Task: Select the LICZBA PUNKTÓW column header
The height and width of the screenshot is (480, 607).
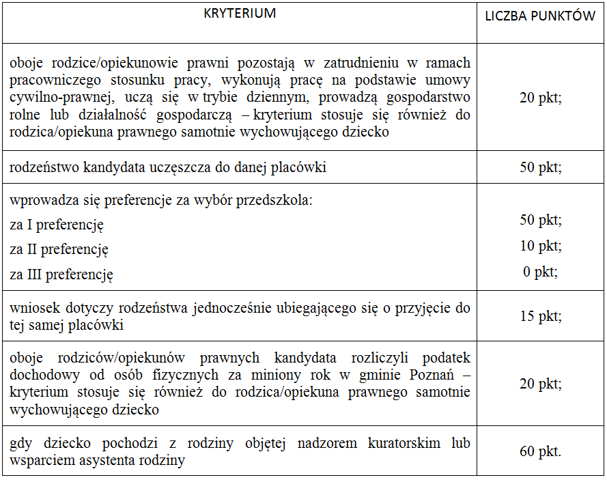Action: pyautogui.click(x=540, y=16)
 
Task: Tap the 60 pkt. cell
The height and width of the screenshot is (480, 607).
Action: pyautogui.click(x=540, y=451)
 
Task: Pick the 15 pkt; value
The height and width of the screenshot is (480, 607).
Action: pyautogui.click(x=540, y=316)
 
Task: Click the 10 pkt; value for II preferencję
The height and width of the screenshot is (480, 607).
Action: pyautogui.click(x=540, y=246)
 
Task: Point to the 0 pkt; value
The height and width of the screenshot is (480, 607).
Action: pyautogui.click(x=540, y=272)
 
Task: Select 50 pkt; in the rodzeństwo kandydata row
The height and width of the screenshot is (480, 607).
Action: pyautogui.click(x=540, y=167)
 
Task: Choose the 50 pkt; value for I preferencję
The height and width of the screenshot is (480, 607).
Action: pyautogui.click(x=540, y=220)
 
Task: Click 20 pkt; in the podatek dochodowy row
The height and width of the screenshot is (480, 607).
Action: pyautogui.click(x=540, y=384)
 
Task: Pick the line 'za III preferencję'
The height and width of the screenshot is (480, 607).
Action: pyautogui.click(x=61, y=275)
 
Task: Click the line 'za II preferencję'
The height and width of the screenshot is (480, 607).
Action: pyautogui.click(x=59, y=250)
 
